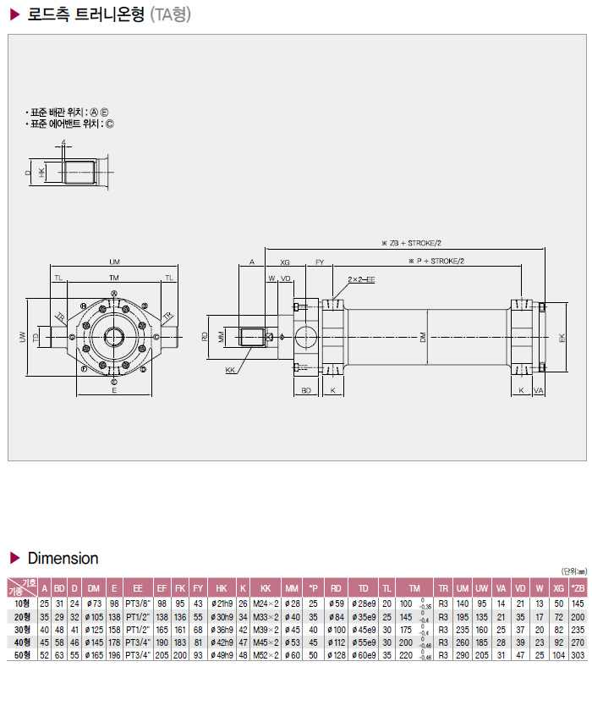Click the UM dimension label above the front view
pos(113,262)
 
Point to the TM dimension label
pos(113,278)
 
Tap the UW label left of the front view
pos(23,337)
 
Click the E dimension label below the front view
pos(113,391)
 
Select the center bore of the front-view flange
pos(113,336)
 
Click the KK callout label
pos(230,371)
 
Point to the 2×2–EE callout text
pos(361,278)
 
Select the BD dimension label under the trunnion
pos(307,391)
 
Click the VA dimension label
pos(539,391)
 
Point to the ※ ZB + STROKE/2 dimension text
pos(410,242)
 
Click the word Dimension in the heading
pos(63,559)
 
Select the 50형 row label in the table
pos(21,656)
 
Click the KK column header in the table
pos(266,587)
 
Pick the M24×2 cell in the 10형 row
pos(266,603)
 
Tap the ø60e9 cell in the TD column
pos(363,656)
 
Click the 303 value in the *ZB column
pos(578,656)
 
